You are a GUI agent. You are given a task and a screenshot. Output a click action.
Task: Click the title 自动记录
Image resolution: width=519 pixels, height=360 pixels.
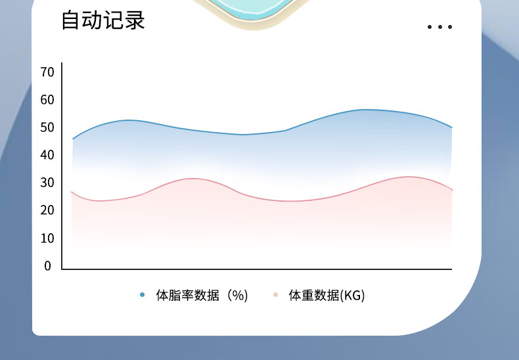coord(103,20)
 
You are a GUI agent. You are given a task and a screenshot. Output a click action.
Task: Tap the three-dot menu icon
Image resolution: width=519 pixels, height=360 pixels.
coord(440,27)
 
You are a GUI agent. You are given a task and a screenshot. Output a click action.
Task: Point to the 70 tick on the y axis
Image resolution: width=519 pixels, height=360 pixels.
coord(47,72)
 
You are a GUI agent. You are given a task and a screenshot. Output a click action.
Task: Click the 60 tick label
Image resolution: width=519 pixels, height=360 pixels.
coord(47,100)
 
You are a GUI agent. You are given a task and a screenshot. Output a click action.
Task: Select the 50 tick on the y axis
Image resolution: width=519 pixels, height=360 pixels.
coord(47,127)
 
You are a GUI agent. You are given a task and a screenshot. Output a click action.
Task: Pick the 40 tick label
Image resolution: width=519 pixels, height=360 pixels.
coord(47,155)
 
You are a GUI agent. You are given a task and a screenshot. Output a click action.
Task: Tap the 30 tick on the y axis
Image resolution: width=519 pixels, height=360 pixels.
coord(47,183)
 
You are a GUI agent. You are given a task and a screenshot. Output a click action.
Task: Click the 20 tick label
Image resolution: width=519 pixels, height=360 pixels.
coord(47,210)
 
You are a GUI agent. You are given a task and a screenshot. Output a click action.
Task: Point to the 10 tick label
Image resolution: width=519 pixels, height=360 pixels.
coord(47,238)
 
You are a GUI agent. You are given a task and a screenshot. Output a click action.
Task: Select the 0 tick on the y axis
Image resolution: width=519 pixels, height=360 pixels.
coord(48,266)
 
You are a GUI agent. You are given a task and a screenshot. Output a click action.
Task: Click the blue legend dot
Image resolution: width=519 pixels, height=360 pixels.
coord(143,294)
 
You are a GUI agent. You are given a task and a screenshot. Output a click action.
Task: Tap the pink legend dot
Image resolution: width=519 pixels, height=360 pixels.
coord(275,294)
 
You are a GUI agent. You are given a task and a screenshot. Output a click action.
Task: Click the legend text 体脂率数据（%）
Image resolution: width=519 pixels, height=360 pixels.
coord(202,295)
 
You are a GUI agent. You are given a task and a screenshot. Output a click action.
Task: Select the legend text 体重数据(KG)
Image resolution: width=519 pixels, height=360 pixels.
coord(327,295)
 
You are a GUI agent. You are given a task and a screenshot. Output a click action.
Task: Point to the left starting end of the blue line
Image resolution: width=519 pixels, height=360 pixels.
coord(73,139)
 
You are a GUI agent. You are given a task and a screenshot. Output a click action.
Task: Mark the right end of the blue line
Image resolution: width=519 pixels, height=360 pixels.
coord(452,127)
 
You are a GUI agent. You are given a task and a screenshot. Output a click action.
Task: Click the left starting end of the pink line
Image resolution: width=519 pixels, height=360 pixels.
coord(72,192)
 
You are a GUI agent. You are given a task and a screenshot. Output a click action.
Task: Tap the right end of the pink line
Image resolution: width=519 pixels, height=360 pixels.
coord(452,190)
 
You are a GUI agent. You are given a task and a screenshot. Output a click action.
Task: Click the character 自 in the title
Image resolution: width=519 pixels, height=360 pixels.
coord(71,20)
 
